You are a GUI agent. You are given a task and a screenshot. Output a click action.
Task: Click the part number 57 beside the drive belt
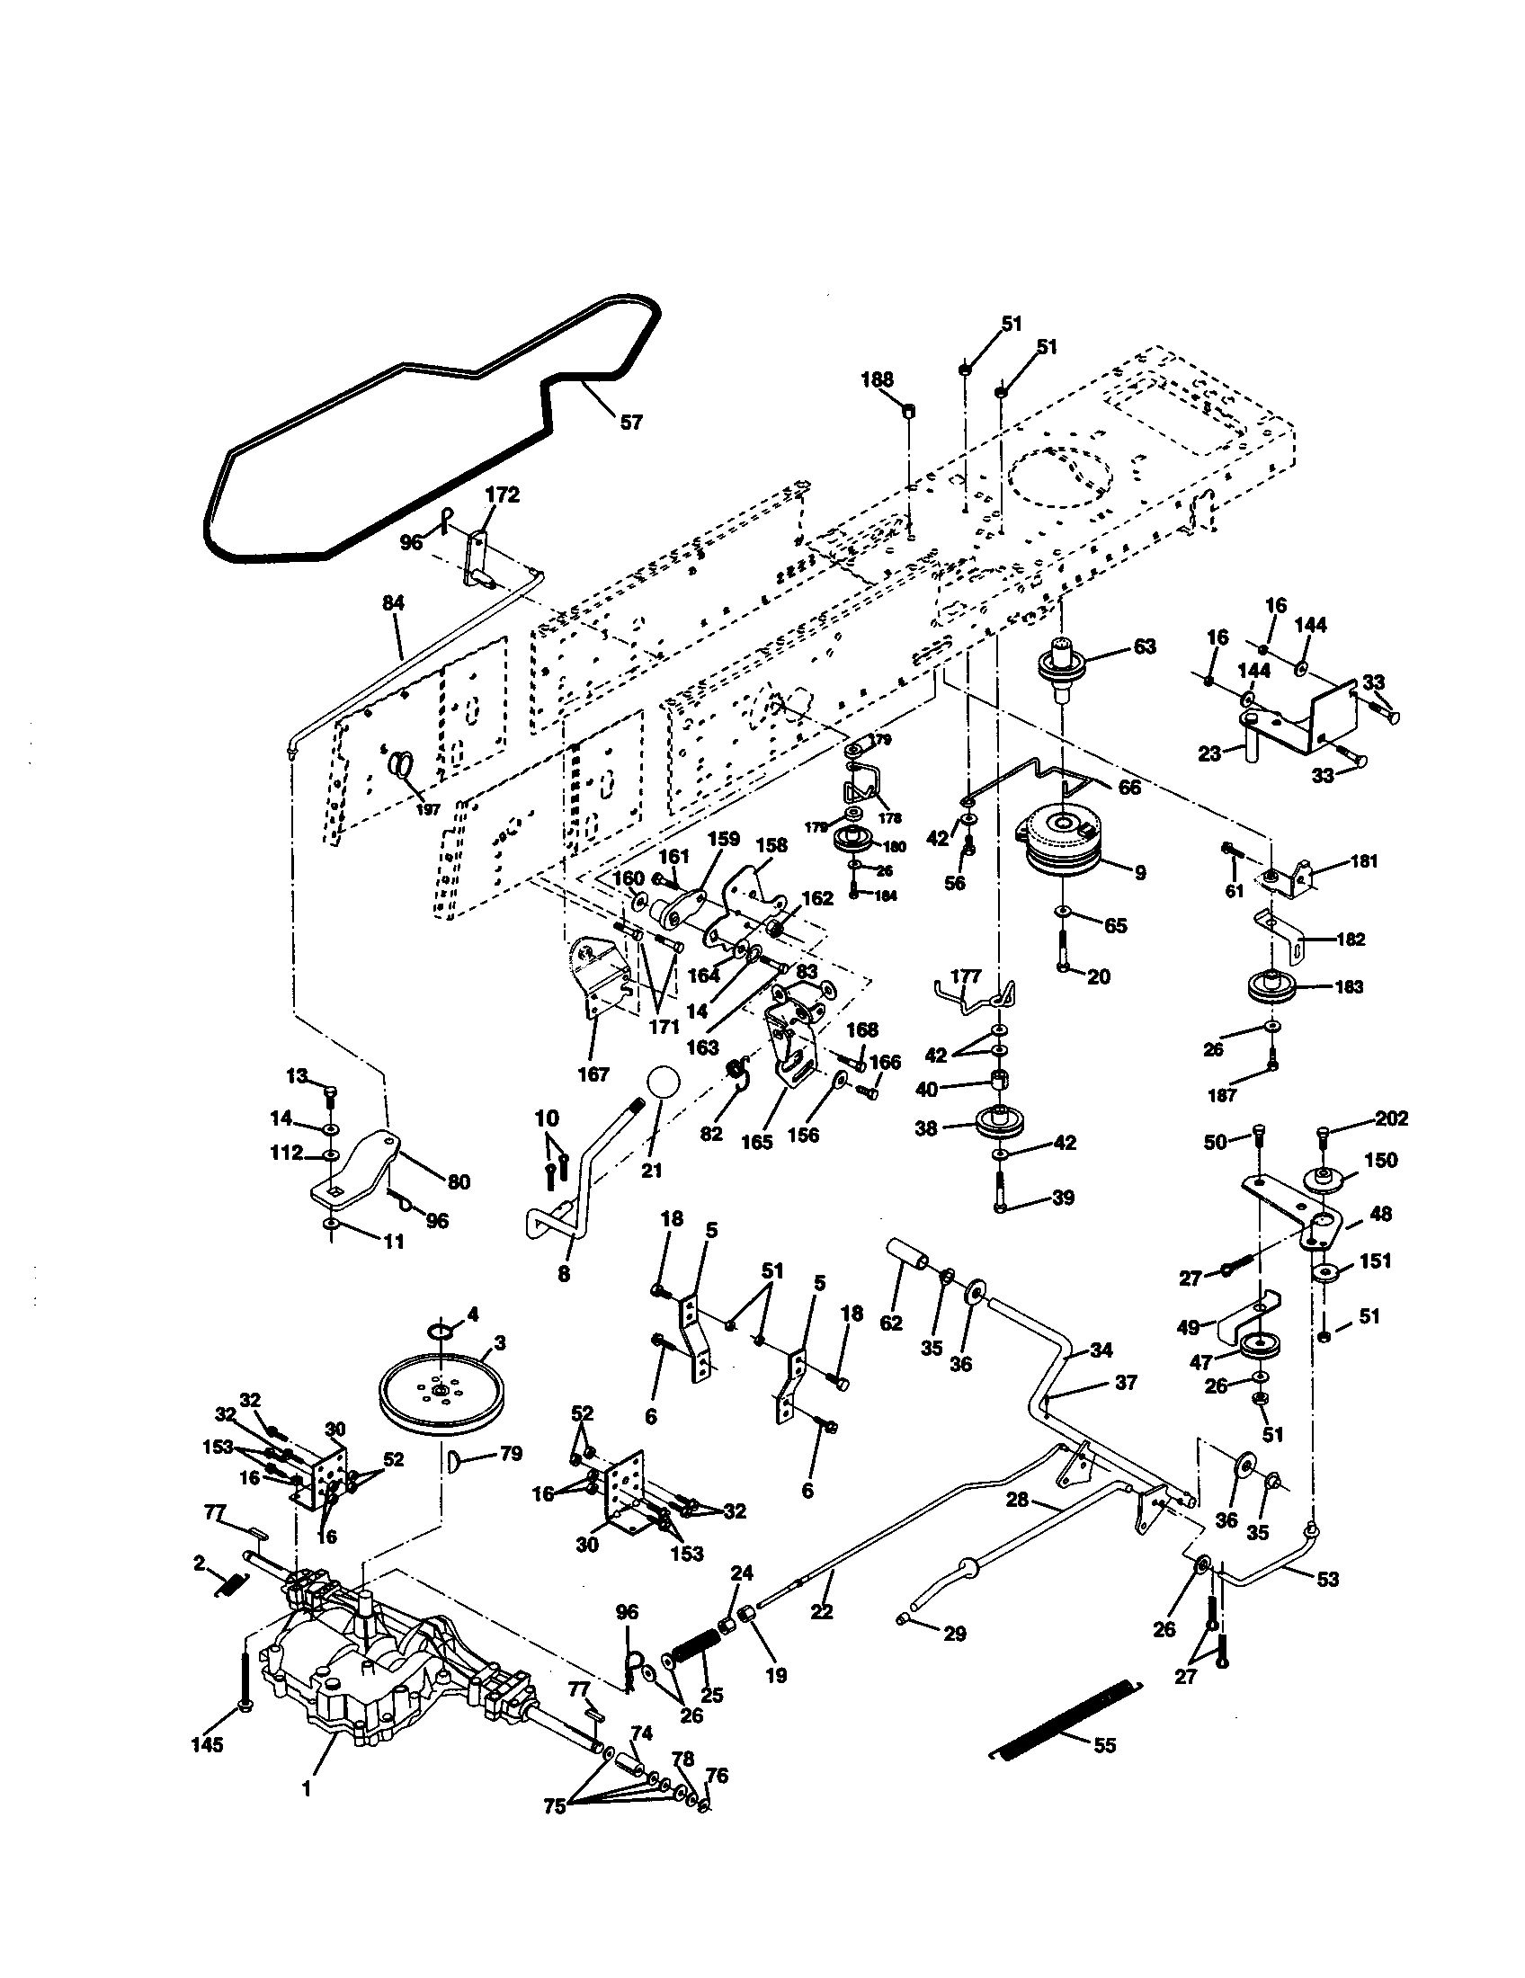click(x=630, y=421)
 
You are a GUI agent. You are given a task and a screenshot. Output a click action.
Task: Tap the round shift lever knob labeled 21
click(x=663, y=1084)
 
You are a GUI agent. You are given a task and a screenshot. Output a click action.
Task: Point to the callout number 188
click(x=877, y=379)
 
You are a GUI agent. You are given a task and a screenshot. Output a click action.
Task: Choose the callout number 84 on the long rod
click(x=394, y=603)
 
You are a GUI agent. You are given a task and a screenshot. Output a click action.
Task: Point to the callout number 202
click(x=1391, y=1118)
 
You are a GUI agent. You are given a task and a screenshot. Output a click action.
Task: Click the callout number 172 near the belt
click(x=503, y=494)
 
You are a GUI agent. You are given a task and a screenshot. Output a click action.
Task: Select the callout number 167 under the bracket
click(x=595, y=1074)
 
